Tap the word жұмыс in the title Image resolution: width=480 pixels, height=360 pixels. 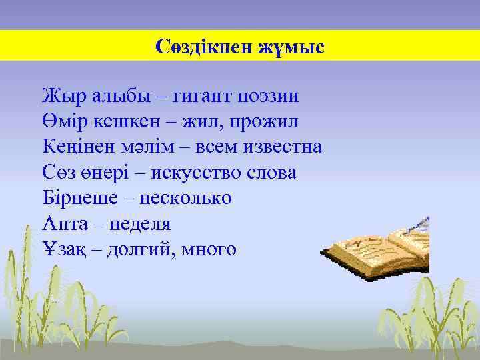pos(288,47)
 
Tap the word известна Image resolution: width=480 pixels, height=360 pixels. pos(285,147)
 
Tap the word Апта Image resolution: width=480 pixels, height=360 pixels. pos(61,223)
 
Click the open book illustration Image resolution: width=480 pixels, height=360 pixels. pos(377,253)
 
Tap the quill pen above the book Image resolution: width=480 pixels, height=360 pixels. pos(419,225)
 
